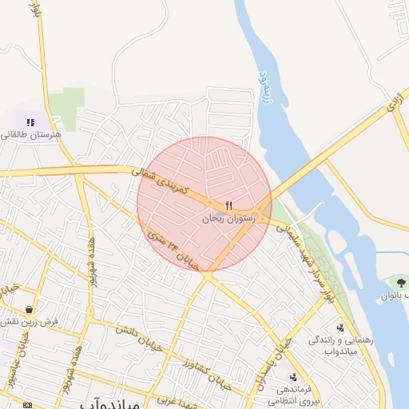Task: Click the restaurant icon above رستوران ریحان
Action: tap(229, 205)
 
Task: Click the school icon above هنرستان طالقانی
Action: tap(30, 122)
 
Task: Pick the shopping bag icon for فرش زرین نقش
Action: tap(30, 309)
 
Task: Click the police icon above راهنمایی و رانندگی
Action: tap(342, 328)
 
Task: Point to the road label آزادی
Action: tap(395, 101)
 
